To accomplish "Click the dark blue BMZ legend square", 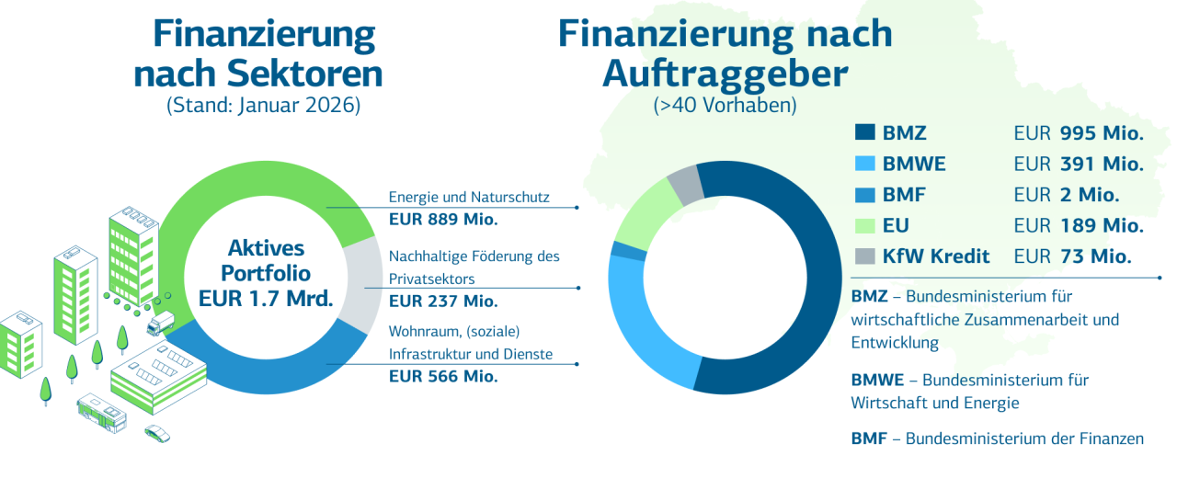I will (x=863, y=133).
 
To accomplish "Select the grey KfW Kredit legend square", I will (x=863, y=256).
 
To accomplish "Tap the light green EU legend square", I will (x=863, y=225).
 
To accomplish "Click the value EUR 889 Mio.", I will (x=442, y=219).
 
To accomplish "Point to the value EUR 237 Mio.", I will (x=442, y=301).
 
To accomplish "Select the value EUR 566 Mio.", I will (x=442, y=376).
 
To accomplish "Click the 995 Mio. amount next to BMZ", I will (x=1101, y=133).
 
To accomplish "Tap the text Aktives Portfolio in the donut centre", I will (x=266, y=261).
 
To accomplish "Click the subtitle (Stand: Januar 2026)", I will (x=263, y=105).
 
